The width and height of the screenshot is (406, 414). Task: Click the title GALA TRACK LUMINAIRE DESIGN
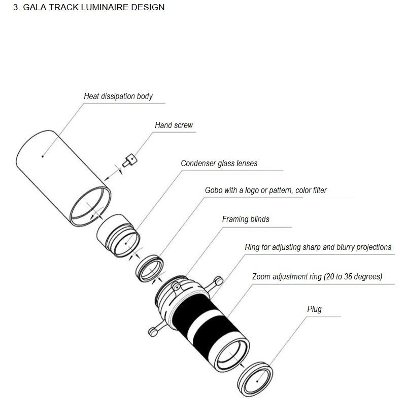click(x=94, y=7)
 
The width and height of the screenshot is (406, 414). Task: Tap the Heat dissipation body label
click(x=118, y=96)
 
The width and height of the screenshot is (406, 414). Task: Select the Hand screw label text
click(x=174, y=125)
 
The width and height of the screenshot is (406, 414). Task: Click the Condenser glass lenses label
click(x=219, y=163)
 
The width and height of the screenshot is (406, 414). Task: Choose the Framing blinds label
click(x=246, y=219)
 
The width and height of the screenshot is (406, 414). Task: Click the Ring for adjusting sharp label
click(x=318, y=247)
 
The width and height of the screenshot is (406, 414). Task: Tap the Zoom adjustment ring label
click(x=317, y=276)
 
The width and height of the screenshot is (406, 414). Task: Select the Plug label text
click(x=314, y=309)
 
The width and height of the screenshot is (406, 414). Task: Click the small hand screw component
click(x=129, y=161)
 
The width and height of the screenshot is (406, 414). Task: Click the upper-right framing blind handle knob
click(x=219, y=281)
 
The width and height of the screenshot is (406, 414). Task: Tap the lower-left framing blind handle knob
click(x=153, y=332)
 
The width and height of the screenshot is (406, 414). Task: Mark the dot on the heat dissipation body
click(x=43, y=156)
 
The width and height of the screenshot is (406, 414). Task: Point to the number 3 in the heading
click(x=16, y=7)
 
